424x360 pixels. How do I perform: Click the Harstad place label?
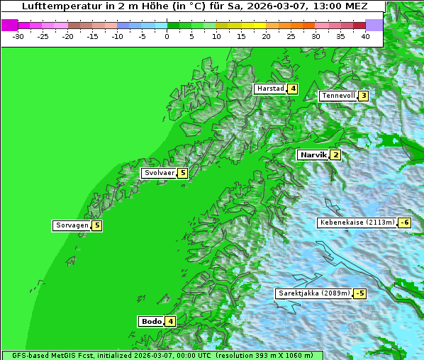point(270,89)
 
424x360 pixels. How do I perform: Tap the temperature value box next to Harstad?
point(292,89)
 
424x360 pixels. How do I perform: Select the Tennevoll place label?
point(337,96)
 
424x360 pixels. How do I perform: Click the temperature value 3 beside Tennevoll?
point(363,96)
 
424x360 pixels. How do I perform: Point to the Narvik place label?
point(313,154)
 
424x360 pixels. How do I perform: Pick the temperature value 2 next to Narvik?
point(335,154)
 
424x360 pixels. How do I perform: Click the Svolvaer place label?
point(159,173)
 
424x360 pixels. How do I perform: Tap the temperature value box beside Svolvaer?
point(182,173)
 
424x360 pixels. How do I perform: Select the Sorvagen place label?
point(72,225)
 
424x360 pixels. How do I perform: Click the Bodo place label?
point(152,321)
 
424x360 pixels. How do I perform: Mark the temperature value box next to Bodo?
point(171,321)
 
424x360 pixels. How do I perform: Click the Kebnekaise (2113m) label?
point(357,223)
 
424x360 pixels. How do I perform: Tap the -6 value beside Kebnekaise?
point(404,223)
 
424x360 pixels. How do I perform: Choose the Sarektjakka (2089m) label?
point(314,293)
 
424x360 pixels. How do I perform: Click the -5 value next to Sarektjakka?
point(360,293)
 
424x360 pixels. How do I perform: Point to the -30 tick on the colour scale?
point(18,36)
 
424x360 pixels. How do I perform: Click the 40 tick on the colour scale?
point(365,36)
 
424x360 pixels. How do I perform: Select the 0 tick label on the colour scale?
point(167,36)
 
